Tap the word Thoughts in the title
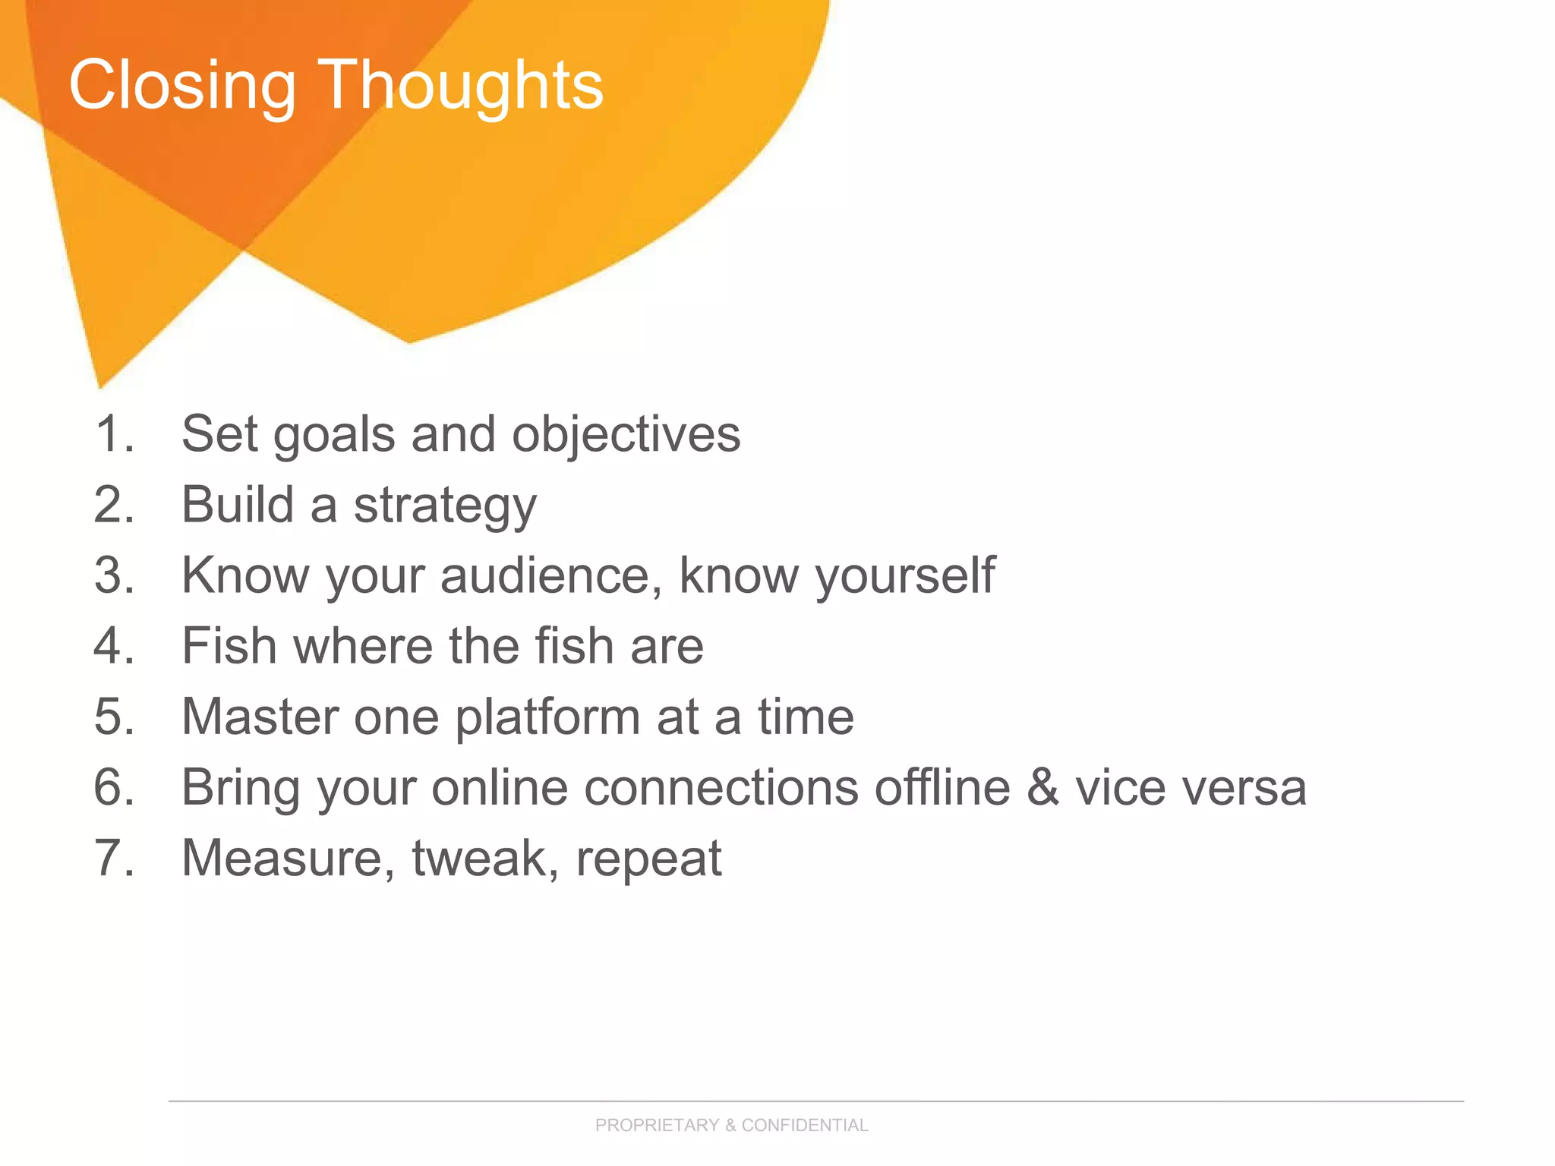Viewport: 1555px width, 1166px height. click(460, 85)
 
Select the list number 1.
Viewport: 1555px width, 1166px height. click(114, 434)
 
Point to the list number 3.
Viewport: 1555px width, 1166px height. click(114, 575)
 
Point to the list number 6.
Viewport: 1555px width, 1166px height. click(114, 787)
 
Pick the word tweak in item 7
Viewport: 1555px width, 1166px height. click(478, 858)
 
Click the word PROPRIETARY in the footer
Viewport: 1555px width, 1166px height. click(657, 1125)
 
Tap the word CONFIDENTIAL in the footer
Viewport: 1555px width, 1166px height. click(805, 1125)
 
